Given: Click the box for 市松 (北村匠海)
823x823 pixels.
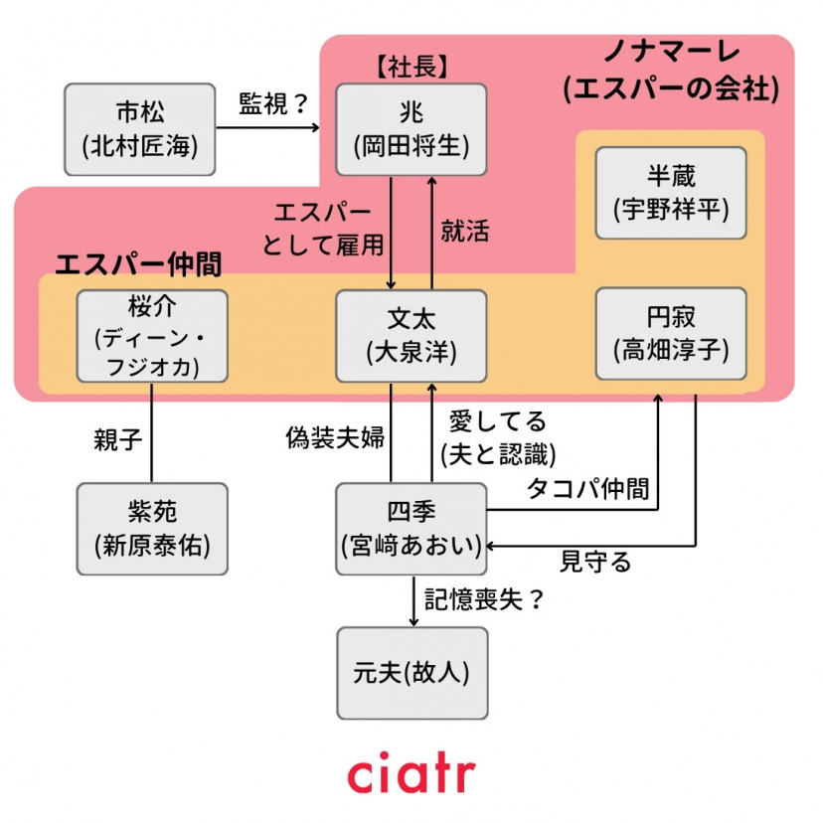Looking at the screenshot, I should (x=140, y=129).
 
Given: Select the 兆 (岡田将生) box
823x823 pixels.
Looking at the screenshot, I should (x=411, y=129).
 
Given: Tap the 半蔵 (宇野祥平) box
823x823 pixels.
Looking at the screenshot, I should (x=670, y=193).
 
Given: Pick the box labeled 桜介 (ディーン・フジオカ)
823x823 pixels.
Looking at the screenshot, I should (x=152, y=336).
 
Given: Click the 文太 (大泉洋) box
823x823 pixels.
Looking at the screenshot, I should (x=411, y=336).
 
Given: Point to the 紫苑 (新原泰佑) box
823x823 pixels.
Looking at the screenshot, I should (x=152, y=528).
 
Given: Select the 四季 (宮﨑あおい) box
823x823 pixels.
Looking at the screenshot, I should (x=411, y=528).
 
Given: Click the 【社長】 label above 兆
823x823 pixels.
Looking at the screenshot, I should (x=411, y=68).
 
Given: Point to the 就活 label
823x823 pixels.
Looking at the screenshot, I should (x=465, y=231).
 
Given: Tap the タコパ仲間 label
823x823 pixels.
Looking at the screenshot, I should (x=587, y=488).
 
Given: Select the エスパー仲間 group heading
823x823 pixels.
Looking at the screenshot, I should (x=137, y=263).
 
